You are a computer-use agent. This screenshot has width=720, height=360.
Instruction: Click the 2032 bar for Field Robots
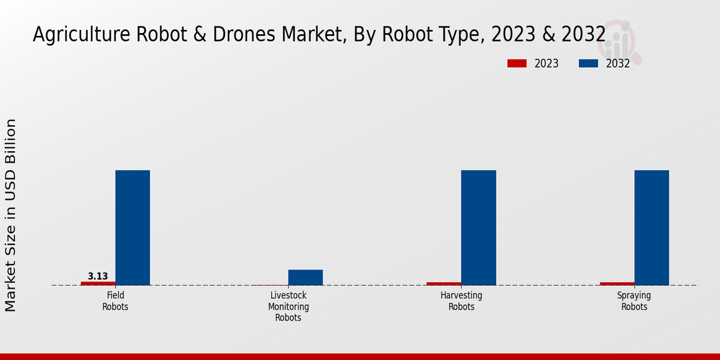(x=133, y=227)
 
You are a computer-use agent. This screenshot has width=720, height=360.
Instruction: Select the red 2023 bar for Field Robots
(x=98, y=283)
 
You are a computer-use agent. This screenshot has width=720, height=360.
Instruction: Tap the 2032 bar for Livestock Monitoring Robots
(x=305, y=277)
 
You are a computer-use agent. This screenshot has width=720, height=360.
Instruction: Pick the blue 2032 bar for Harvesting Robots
(x=478, y=227)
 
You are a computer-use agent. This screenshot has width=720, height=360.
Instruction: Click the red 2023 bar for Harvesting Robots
(x=444, y=283)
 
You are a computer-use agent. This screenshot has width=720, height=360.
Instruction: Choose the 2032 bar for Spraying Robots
(x=652, y=227)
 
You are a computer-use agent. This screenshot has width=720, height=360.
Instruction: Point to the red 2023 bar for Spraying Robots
(x=617, y=283)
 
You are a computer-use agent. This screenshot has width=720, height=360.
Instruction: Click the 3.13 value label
(x=98, y=277)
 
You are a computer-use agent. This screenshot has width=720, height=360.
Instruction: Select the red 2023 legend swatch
(x=517, y=64)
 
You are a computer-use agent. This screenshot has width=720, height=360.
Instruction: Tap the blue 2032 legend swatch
(x=589, y=64)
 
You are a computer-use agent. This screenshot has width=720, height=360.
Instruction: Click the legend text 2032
(x=618, y=64)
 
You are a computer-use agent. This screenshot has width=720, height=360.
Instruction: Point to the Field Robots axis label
(x=115, y=301)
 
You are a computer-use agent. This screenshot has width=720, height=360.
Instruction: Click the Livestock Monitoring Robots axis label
(x=289, y=307)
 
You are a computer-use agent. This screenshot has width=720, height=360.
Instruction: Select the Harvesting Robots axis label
(x=461, y=301)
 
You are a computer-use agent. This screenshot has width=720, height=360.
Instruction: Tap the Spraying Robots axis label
(x=634, y=301)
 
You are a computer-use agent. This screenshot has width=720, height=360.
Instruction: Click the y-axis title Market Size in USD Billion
(x=11, y=215)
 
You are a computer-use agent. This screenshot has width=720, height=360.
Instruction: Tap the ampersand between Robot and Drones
(x=202, y=35)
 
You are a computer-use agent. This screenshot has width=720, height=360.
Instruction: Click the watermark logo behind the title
(x=621, y=42)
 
